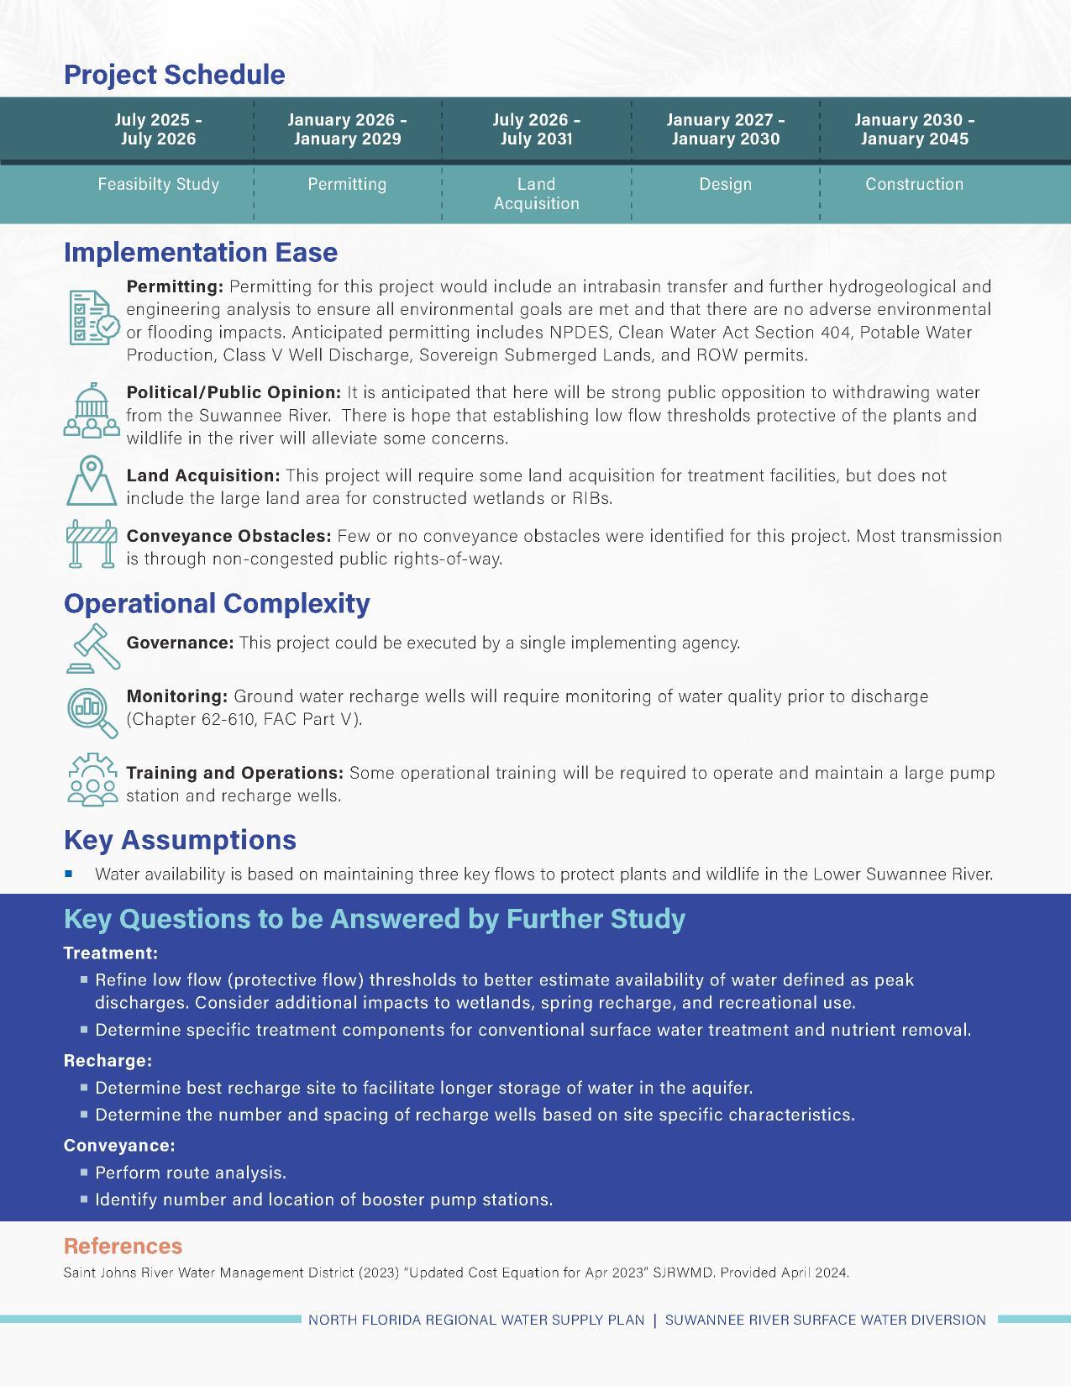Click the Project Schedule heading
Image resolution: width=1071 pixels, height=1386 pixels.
[x=174, y=75]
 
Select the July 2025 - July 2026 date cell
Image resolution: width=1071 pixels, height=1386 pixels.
[x=158, y=129]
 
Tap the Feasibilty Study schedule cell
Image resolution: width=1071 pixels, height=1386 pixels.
[x=158, y=184]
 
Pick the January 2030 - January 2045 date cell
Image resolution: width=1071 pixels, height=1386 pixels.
[x=914, y=129]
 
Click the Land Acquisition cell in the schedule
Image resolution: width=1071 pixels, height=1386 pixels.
[x=536, y=193]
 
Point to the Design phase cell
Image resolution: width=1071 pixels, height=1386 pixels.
[x=725, y=184]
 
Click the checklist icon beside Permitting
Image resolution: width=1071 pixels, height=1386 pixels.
[x=92, y=318]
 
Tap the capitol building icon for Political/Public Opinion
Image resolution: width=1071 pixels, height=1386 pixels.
[x=92, y=411]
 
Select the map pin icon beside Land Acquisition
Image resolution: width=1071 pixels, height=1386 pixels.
[x=91, y=480]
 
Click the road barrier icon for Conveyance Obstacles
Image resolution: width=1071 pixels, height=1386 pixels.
[x=92, y=543]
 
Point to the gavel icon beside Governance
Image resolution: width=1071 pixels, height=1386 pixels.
[x=92, y=648]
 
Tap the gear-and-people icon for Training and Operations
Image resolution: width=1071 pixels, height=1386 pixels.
[x=92, y=780]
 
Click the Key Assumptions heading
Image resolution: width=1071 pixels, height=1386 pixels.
[x=180, y=840]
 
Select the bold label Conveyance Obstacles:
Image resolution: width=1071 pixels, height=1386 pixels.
[x=228, y=536]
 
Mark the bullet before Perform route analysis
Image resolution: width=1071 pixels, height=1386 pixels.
[x=85, y=1171]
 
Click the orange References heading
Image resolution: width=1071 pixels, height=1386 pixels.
[x=123, y=1246]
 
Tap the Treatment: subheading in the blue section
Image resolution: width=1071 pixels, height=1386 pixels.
[x=110, y=953]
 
